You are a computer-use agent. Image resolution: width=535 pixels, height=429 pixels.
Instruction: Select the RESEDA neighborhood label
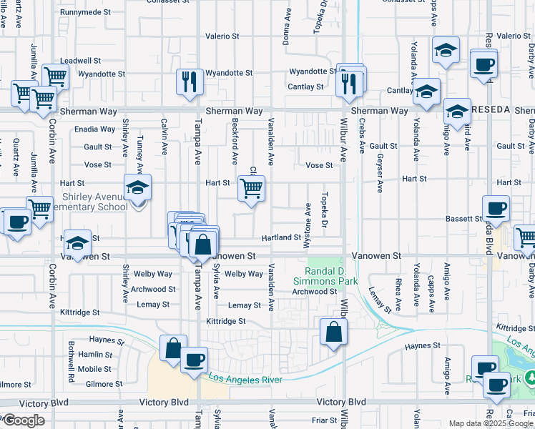(x=491, y=109)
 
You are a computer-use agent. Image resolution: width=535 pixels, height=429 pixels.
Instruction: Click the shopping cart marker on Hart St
(x=251, y=189)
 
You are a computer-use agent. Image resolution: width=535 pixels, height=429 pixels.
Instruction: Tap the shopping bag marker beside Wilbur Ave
(x=333, y=332)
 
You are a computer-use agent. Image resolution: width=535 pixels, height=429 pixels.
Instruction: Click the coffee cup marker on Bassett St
(x=496, y=209)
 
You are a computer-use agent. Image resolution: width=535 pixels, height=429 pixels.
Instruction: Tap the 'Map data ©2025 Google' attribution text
(x=491, y=423)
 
